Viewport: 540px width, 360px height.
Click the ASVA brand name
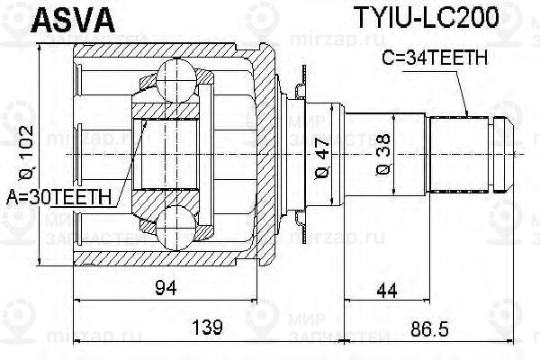pyautogui.click(x=73, y=21)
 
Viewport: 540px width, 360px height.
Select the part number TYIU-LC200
pyautogui.click(x=427, y=17)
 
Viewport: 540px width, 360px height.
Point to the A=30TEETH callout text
pyautogui.click(x=58, y=197)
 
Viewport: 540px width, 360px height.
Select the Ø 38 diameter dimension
pyautogui.click(x=383, y=154)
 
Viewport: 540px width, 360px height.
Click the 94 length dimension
pyautogui.click(x=166, y=288)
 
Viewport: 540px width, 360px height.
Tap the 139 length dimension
pyautogui.click(x=207, y=328)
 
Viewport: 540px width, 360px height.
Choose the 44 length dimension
pyautogui.click(x=387, y=291)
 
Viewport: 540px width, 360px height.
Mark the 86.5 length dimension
pyautogui.click(x=429, y=329)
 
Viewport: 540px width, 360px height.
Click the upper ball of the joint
pyautogui.click(x=176, y=79)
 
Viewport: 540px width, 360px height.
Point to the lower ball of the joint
pyautogui.click(x=176, y=228)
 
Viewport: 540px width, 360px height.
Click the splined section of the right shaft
pyautogui.click(x=460, y=155)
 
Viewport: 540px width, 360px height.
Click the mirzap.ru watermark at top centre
pyautogui.click(x=337, y=40)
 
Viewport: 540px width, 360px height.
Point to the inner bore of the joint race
pyautogui.click(x=166, y=154)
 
